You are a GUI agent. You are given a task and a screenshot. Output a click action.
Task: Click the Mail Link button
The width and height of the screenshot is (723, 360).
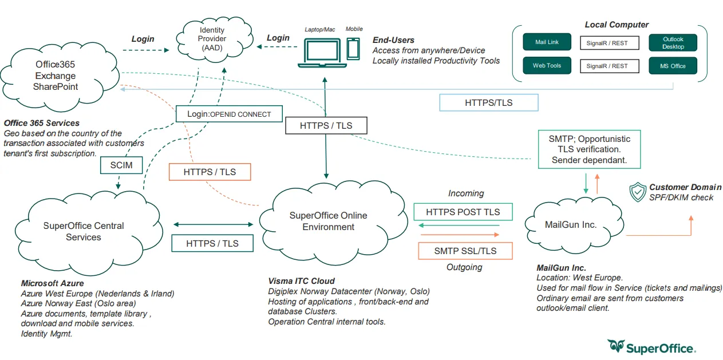click(547, 42)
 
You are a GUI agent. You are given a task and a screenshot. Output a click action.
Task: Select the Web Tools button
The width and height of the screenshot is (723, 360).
click(547, 65)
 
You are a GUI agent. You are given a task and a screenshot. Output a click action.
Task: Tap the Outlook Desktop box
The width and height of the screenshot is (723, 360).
click(673, 43)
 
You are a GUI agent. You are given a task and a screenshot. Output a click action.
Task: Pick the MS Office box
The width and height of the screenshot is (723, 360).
click(673, 66)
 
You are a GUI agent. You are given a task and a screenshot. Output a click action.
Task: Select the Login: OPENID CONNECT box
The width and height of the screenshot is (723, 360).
click(229, 114)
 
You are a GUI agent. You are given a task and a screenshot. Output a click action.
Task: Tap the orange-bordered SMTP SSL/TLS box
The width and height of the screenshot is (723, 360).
click(465, 251)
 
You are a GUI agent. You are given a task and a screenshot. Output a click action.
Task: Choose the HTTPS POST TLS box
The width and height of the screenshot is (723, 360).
click(463, 212)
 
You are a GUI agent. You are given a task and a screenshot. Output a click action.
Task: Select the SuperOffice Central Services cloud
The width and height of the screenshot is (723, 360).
click(84, 231)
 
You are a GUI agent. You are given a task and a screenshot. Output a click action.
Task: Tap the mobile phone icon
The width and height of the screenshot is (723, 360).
click(353, 49)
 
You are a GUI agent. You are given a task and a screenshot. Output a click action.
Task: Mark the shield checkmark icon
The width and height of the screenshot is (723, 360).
click(637, 192)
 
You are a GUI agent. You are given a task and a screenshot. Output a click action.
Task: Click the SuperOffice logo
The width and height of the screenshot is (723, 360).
click(652, 347)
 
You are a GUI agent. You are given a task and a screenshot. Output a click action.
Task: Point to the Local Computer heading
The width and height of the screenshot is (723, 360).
click(617, 25)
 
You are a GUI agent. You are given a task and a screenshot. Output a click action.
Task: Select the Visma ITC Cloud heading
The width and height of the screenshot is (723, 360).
click(301, 281)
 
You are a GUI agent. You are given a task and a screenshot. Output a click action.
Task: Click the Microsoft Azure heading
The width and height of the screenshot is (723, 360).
click(52, 283)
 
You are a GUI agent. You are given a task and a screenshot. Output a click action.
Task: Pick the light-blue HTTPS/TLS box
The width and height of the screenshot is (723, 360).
click(488, 102)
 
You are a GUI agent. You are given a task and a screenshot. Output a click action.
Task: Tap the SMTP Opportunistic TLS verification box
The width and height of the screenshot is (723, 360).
click(589, 149)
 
